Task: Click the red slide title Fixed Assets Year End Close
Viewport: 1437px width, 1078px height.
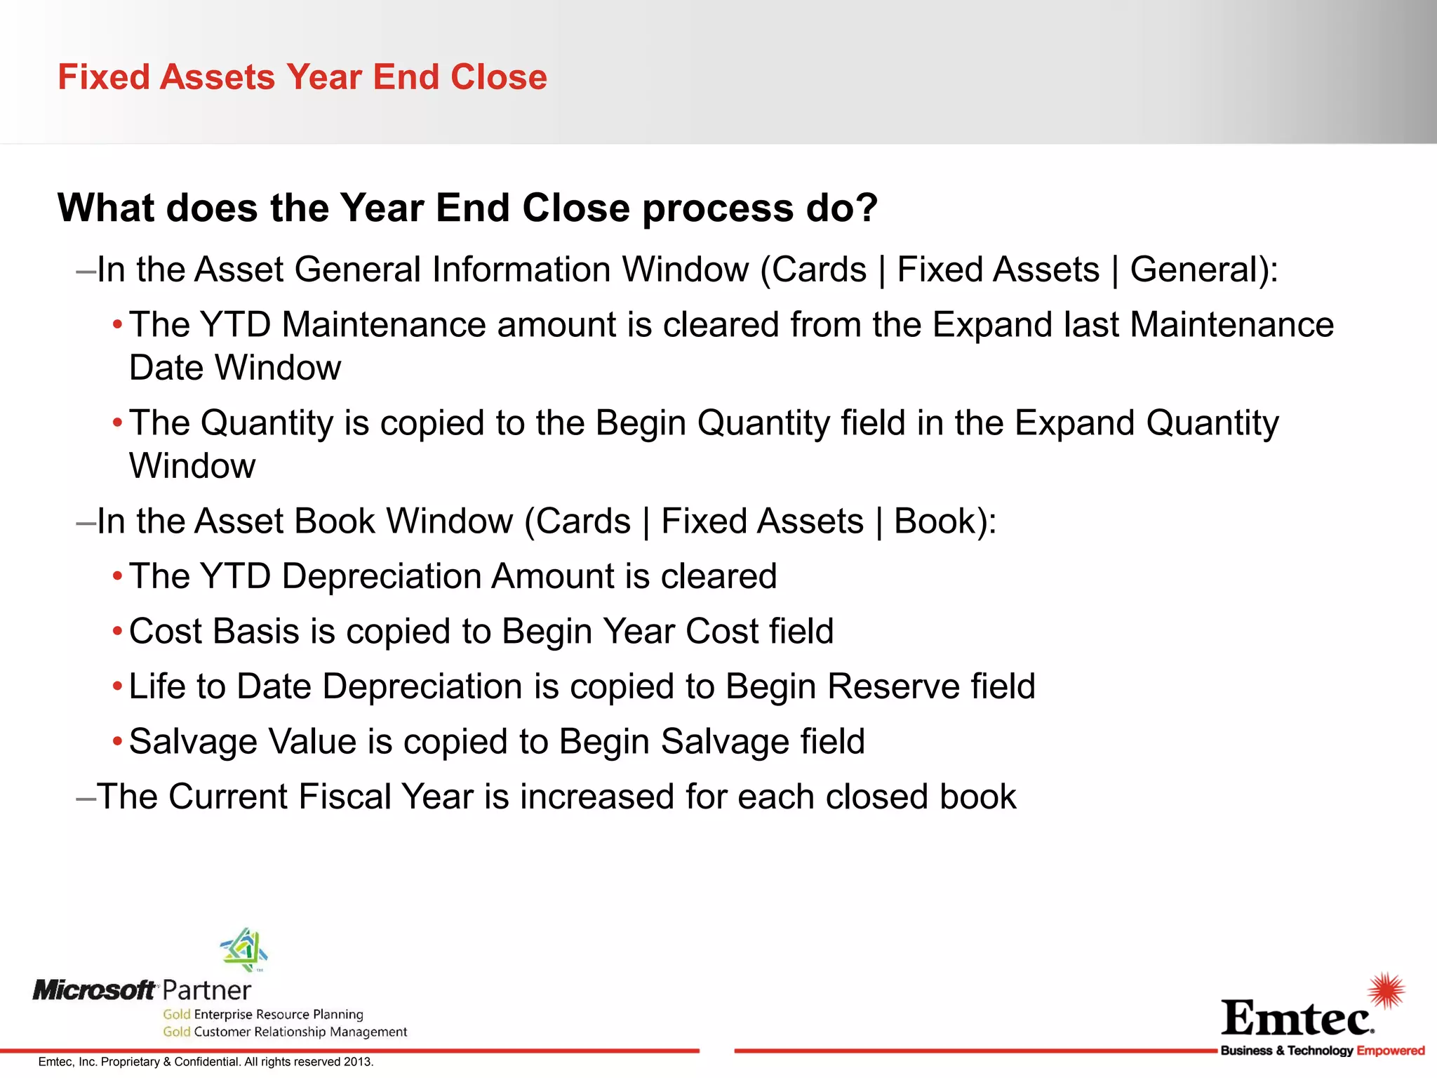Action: point(302,77)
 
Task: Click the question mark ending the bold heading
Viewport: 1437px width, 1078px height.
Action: point(864,208)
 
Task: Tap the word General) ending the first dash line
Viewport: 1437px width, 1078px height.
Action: point(1203,269)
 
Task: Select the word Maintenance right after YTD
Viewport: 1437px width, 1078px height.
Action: point(384,325)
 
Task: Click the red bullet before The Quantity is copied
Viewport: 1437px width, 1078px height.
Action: point(118,423)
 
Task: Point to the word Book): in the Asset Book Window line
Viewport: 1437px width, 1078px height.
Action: point(944,521)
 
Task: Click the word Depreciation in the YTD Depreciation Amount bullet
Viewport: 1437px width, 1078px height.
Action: point(380,576)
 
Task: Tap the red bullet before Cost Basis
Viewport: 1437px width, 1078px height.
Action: point(118,632)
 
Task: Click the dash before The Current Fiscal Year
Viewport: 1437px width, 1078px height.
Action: point(86,797)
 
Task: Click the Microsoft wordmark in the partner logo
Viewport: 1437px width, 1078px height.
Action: point(95,990)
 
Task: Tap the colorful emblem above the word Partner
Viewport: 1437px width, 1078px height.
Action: point(244,950)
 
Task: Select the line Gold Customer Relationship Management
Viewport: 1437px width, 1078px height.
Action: point(285,1032)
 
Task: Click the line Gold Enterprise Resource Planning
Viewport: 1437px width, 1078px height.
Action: point(263,1014)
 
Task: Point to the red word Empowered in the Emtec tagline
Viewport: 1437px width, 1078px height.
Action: point(1391,1051)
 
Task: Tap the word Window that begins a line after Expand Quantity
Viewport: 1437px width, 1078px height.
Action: point(192,466)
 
